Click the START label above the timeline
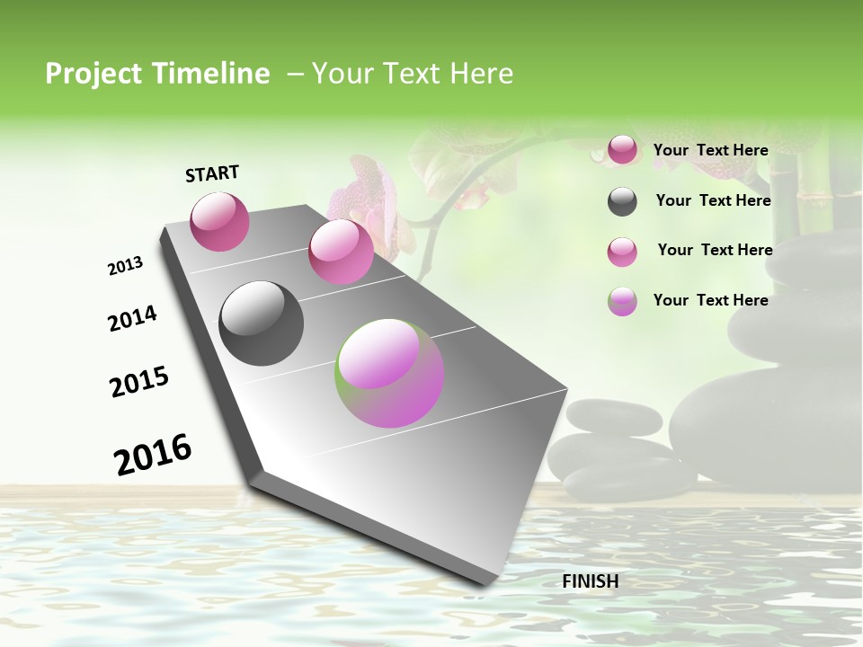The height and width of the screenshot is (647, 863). (212, 173)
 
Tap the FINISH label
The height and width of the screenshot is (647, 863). (590, 581)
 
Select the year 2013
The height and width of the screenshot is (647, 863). (125, 266)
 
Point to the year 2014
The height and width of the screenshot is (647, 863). (132, 319)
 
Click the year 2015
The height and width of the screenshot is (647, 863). (139, 382)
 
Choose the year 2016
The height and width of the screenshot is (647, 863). (153, 455)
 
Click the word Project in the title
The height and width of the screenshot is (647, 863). (91, 74)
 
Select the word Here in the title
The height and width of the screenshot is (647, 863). (481, 74)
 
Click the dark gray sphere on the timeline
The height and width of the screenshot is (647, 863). (261, 323)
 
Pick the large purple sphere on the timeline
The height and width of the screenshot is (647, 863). (389, 373)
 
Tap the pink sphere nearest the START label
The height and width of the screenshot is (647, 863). (219, 221)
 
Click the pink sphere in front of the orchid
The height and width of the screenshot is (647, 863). (341, 252)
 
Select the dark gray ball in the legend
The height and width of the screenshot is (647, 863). (622, 201)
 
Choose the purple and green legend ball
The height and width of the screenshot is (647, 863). (622, 301)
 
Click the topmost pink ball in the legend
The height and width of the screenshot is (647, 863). (622, 150)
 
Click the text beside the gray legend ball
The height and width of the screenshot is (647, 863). (713, 200)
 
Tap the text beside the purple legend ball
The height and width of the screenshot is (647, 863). (710, 300)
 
